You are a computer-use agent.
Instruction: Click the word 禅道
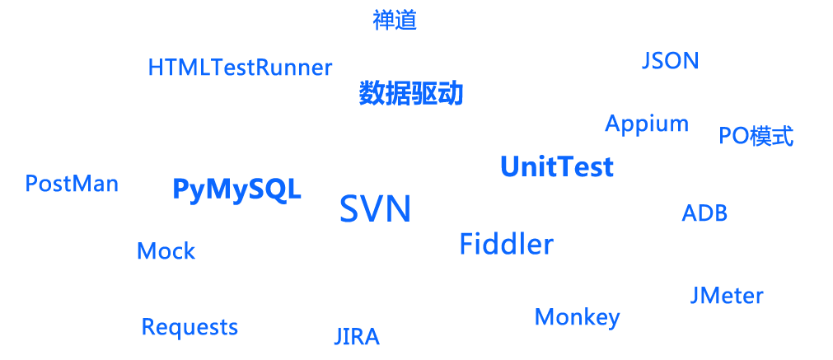pos(395,21)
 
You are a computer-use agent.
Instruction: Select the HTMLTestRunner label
pos(240,68)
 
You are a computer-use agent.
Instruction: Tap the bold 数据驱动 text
pos(411,94)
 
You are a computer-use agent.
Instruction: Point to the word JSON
pos(670,61)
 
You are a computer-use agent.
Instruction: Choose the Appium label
pos(646,124)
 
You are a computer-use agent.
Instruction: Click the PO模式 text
pos(756,136)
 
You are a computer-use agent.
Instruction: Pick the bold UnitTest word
pos(557,168)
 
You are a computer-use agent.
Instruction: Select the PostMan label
pos(72,184)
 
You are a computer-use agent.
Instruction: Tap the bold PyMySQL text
pos(236,189)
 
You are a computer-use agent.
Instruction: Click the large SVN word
pos(375,209)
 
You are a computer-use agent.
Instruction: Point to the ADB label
pos(704,214)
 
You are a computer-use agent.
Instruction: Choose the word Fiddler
pos(506,245)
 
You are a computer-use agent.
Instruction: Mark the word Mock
pos(166,251)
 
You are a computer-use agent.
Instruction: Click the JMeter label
pos(726,296)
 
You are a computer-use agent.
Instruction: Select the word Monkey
pos(577,317)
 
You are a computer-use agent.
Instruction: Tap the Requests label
pos(190,327)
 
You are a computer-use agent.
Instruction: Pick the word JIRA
pos(356,337)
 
